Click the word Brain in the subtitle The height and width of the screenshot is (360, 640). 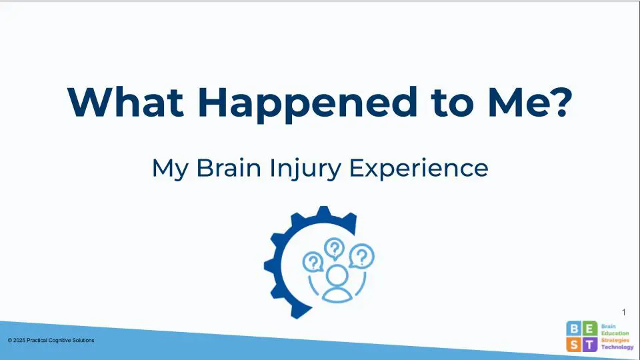pos(229,168)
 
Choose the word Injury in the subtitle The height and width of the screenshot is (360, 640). pos(305,170)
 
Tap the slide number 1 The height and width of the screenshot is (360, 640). pos(624,312)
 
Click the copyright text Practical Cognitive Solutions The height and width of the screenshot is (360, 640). pos(61,340)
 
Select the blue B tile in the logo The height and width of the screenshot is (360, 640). pos(574,329)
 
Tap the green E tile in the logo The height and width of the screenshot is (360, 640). pos(590,329)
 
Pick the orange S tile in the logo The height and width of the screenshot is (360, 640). pos(574,345)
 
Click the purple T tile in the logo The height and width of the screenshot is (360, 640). pos(590,345)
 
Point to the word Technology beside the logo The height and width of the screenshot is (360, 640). pos(617,347)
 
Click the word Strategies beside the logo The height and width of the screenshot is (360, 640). pos(615,341)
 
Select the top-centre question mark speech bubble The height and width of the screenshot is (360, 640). pos(334,249)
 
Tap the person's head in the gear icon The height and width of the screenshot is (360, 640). pos(337,275)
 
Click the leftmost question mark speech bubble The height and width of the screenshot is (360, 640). pos(313,262)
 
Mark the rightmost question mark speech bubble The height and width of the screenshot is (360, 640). pos(361,256)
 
